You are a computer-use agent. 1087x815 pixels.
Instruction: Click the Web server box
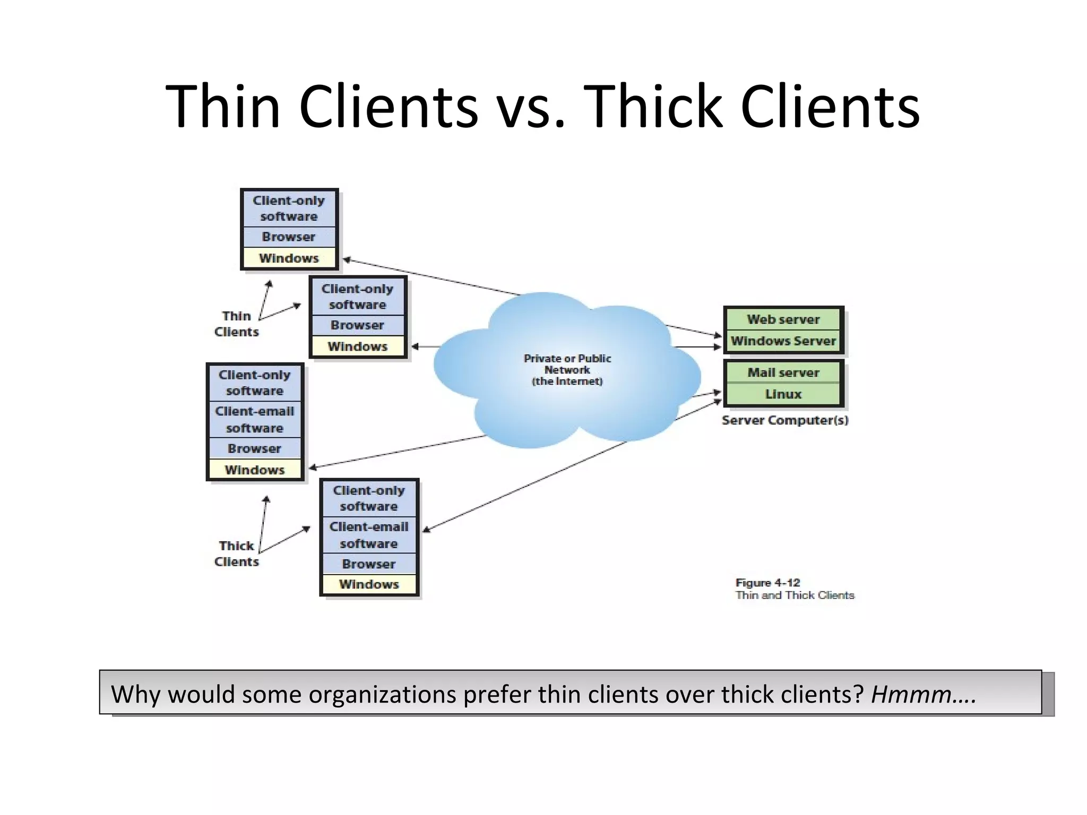(783, 319)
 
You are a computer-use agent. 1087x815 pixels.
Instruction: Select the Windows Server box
(783, 341)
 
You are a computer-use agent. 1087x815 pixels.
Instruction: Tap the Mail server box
(783, 373)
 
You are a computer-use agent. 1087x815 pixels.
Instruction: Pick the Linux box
(783, 394)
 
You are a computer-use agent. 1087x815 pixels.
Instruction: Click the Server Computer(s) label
(784, 420)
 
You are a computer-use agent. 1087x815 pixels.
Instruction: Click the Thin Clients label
(236, 324)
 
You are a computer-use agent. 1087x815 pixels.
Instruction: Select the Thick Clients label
(236, 553)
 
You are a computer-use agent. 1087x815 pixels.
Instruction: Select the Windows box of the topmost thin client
(289, 258)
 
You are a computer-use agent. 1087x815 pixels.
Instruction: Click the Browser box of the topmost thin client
(289, 237)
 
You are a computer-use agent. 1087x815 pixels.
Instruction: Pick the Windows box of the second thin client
(357, 346)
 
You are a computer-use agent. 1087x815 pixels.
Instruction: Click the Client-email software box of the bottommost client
(369, 535)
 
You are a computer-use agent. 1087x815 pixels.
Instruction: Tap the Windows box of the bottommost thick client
(369, 584)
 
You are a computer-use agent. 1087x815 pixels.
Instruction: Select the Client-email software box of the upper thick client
(255, 419)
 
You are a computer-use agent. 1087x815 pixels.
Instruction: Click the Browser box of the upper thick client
(255, 448)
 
